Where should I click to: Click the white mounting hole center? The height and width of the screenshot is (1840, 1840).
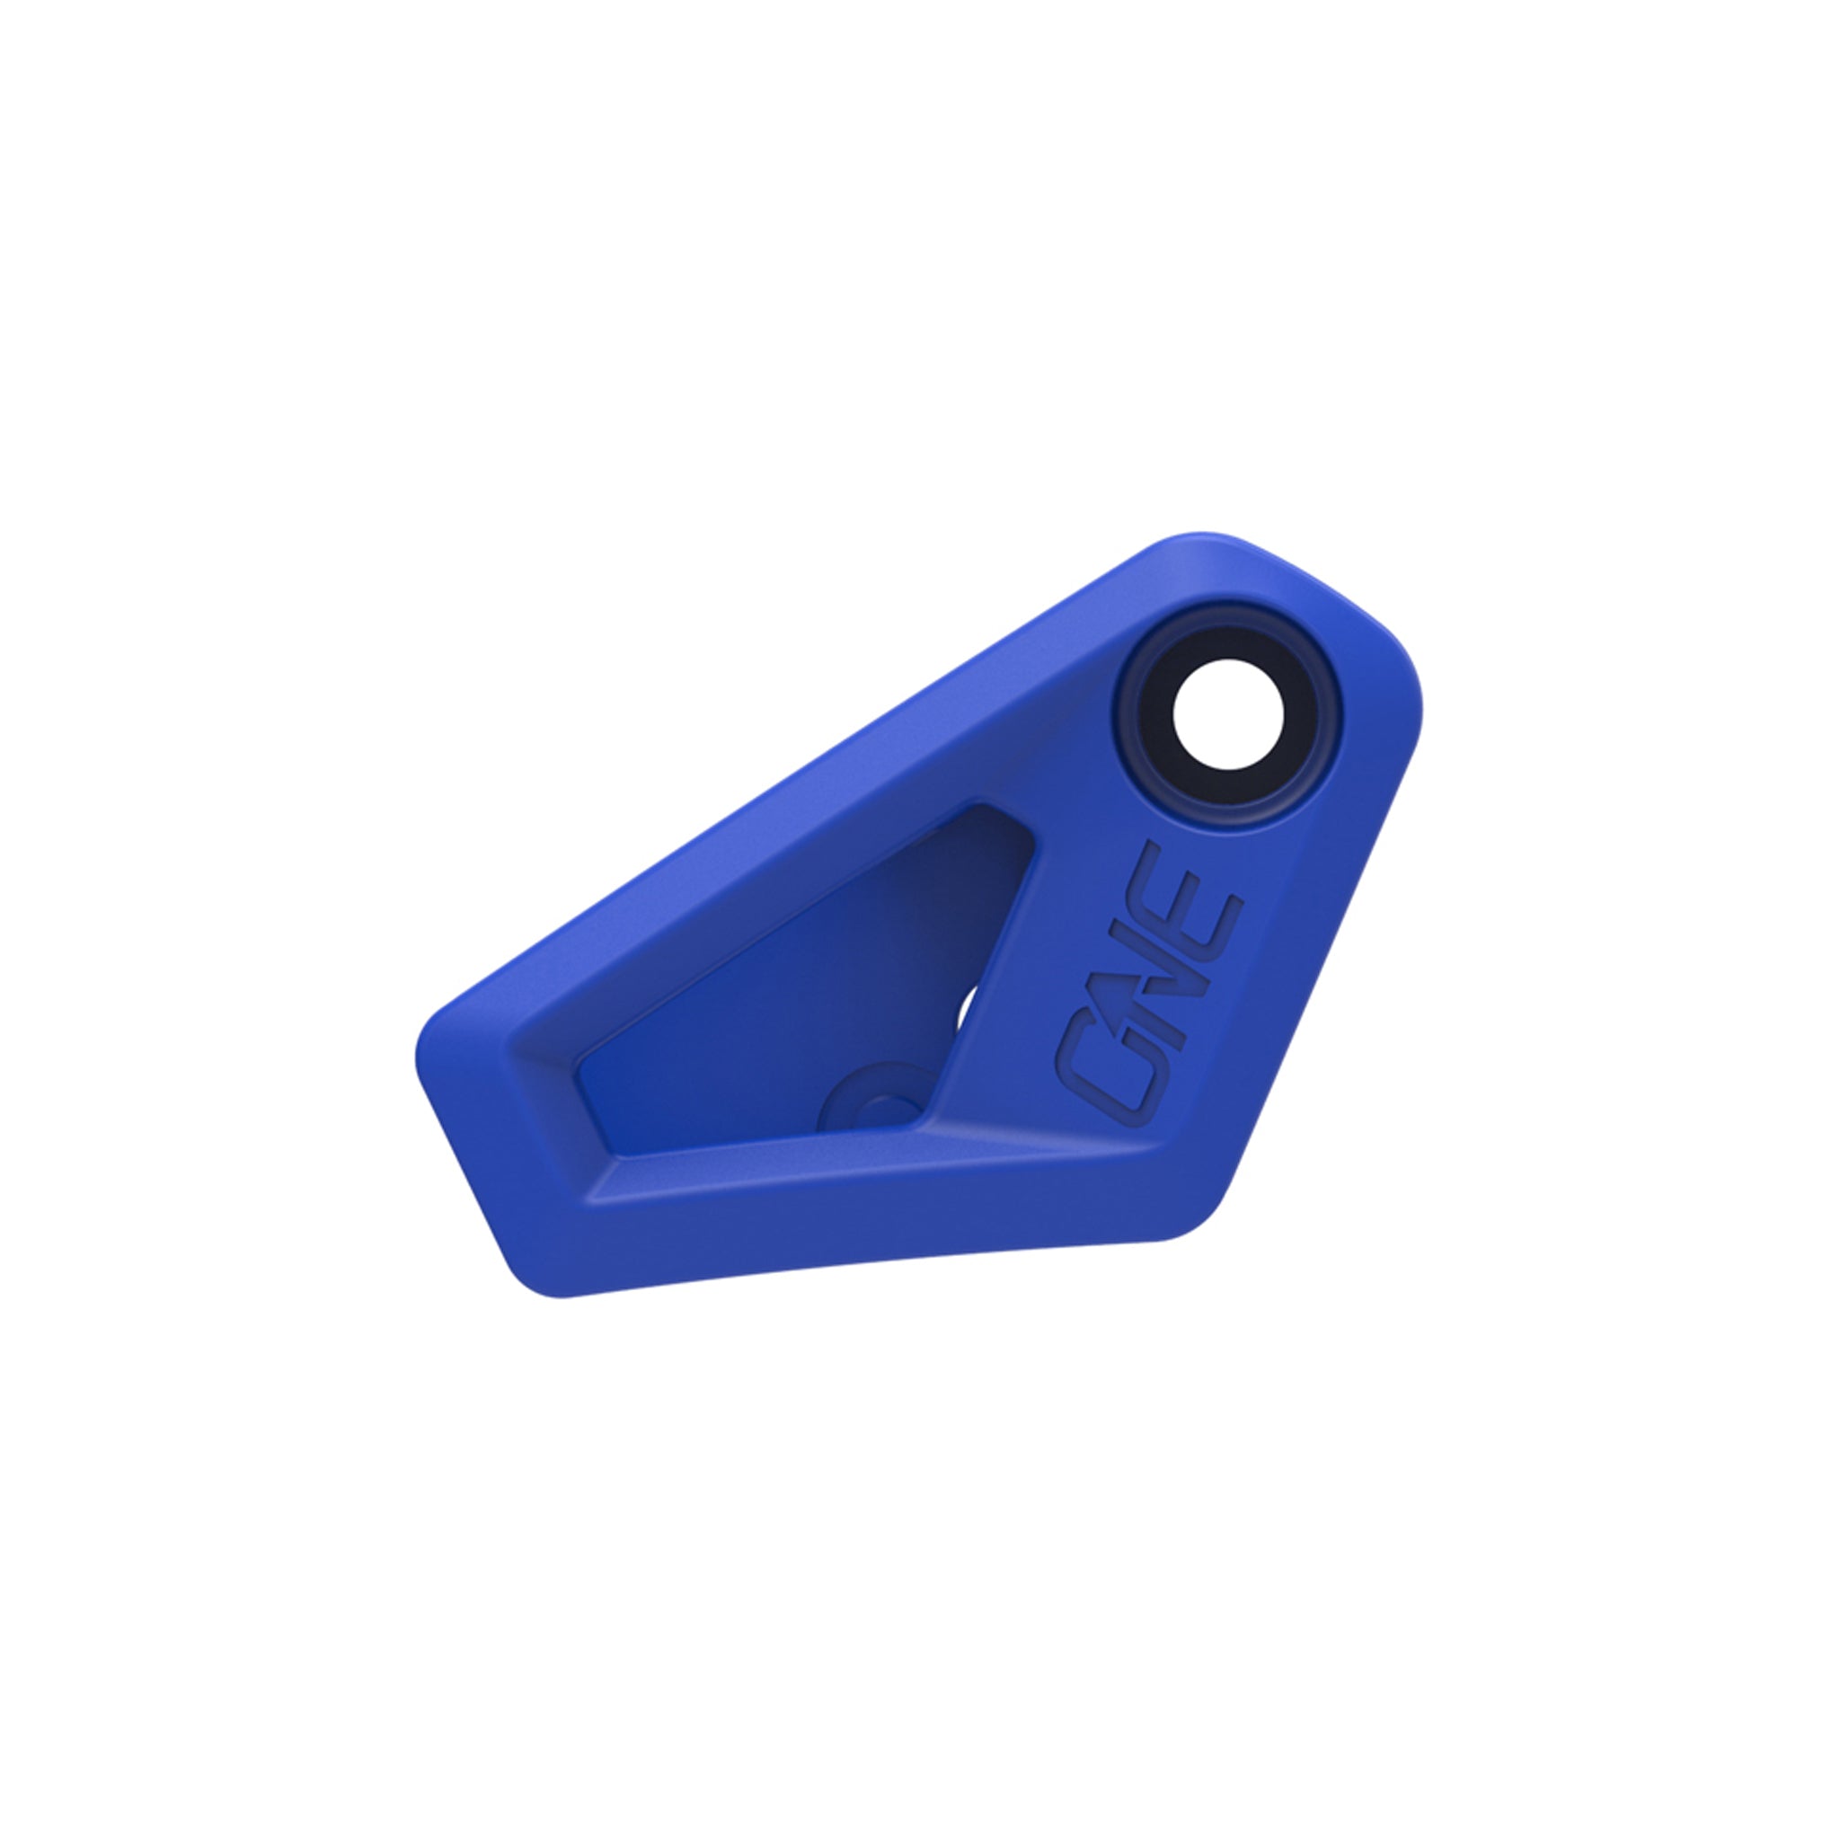click(1227, 714)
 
